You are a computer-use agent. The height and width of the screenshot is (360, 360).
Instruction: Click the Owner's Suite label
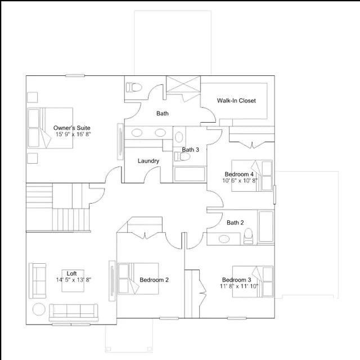pos(71,128)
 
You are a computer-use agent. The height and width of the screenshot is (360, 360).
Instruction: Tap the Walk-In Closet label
pos(236,101)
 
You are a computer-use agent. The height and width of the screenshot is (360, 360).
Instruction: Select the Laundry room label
pos(148,161)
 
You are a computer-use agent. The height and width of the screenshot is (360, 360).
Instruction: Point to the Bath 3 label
pos(190,150)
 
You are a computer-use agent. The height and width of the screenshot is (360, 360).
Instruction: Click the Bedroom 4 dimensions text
pos(240,181)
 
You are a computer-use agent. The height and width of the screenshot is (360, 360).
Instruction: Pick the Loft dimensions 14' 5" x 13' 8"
pos(74,280)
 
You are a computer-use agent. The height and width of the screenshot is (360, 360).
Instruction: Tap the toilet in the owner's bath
pos(134,88)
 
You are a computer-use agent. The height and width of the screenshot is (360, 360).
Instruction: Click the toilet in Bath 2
pos(248,236)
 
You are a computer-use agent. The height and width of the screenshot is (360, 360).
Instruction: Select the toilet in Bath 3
pos(182,157)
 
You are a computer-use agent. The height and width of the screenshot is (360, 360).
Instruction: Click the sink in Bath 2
pos(224,239)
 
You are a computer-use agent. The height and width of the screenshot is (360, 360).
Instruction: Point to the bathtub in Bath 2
pos(266,227)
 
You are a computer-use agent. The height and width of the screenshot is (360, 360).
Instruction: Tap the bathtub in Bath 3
pos(190,174)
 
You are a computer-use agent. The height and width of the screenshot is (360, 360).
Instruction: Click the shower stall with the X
pos(183,84)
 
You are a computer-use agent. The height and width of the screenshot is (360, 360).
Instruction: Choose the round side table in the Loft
pos(39,309)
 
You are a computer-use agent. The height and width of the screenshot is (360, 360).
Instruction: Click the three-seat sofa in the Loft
pos(74,313)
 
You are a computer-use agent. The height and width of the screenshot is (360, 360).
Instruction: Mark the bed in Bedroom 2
pos(138,278)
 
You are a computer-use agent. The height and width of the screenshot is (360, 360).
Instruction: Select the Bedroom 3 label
pos(236,280)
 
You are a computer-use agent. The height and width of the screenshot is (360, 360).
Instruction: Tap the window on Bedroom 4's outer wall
pos(274,195)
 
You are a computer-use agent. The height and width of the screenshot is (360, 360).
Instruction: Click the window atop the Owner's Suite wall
pos(75,75)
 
